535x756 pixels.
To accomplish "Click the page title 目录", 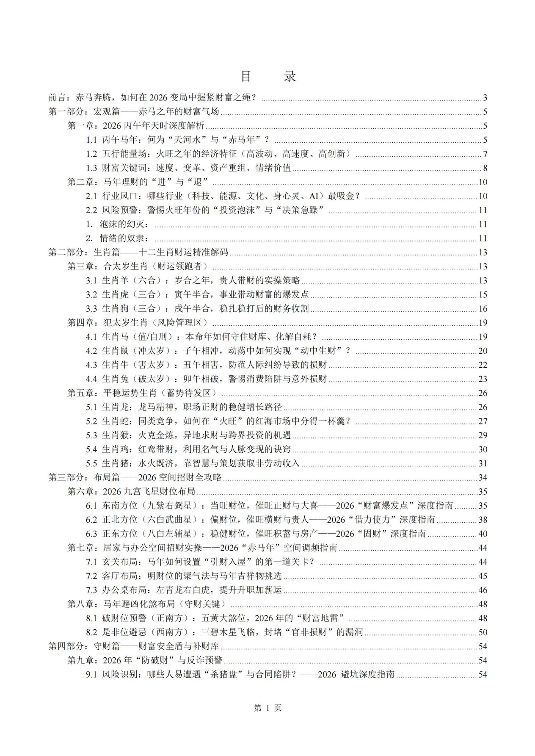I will (268, 76).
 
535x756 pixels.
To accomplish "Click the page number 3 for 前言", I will (485, 98).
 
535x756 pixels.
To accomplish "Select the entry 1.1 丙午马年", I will (178, 140).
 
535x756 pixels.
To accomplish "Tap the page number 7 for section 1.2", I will (485, 154).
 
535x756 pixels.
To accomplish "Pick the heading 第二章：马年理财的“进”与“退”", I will (138, 182).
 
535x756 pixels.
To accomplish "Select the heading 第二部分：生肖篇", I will (138, 252).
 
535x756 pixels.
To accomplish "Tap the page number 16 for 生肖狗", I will (483, 309).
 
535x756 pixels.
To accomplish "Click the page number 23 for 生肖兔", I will (483, 379).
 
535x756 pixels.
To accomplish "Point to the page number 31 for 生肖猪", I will (483, 463).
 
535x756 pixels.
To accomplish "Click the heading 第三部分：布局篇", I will (135, 478).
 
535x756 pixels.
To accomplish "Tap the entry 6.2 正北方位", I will (260, 520).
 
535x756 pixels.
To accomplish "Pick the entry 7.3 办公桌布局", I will (184, 590).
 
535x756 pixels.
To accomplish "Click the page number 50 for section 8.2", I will (483, 632).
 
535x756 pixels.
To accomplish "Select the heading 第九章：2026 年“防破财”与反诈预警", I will (145, 660).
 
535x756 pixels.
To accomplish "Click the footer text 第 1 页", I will (267, 708).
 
